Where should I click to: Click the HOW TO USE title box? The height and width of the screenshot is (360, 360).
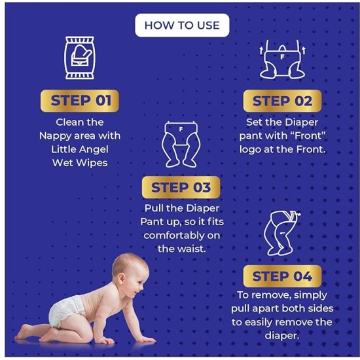[182, 26]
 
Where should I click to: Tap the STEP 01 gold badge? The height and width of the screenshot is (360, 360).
[79, 101]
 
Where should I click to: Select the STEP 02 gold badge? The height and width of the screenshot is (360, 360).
[283, 101]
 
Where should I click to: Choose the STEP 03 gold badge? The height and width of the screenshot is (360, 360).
[181, 188]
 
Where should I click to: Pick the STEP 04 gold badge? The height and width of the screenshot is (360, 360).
[283, 276]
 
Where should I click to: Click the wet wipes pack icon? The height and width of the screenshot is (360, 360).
[79, 58]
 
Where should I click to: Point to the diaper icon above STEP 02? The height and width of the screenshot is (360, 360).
[283, 60]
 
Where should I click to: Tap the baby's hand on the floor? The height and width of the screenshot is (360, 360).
[144, 340]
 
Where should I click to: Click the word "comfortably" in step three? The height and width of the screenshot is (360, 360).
[181, 235]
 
